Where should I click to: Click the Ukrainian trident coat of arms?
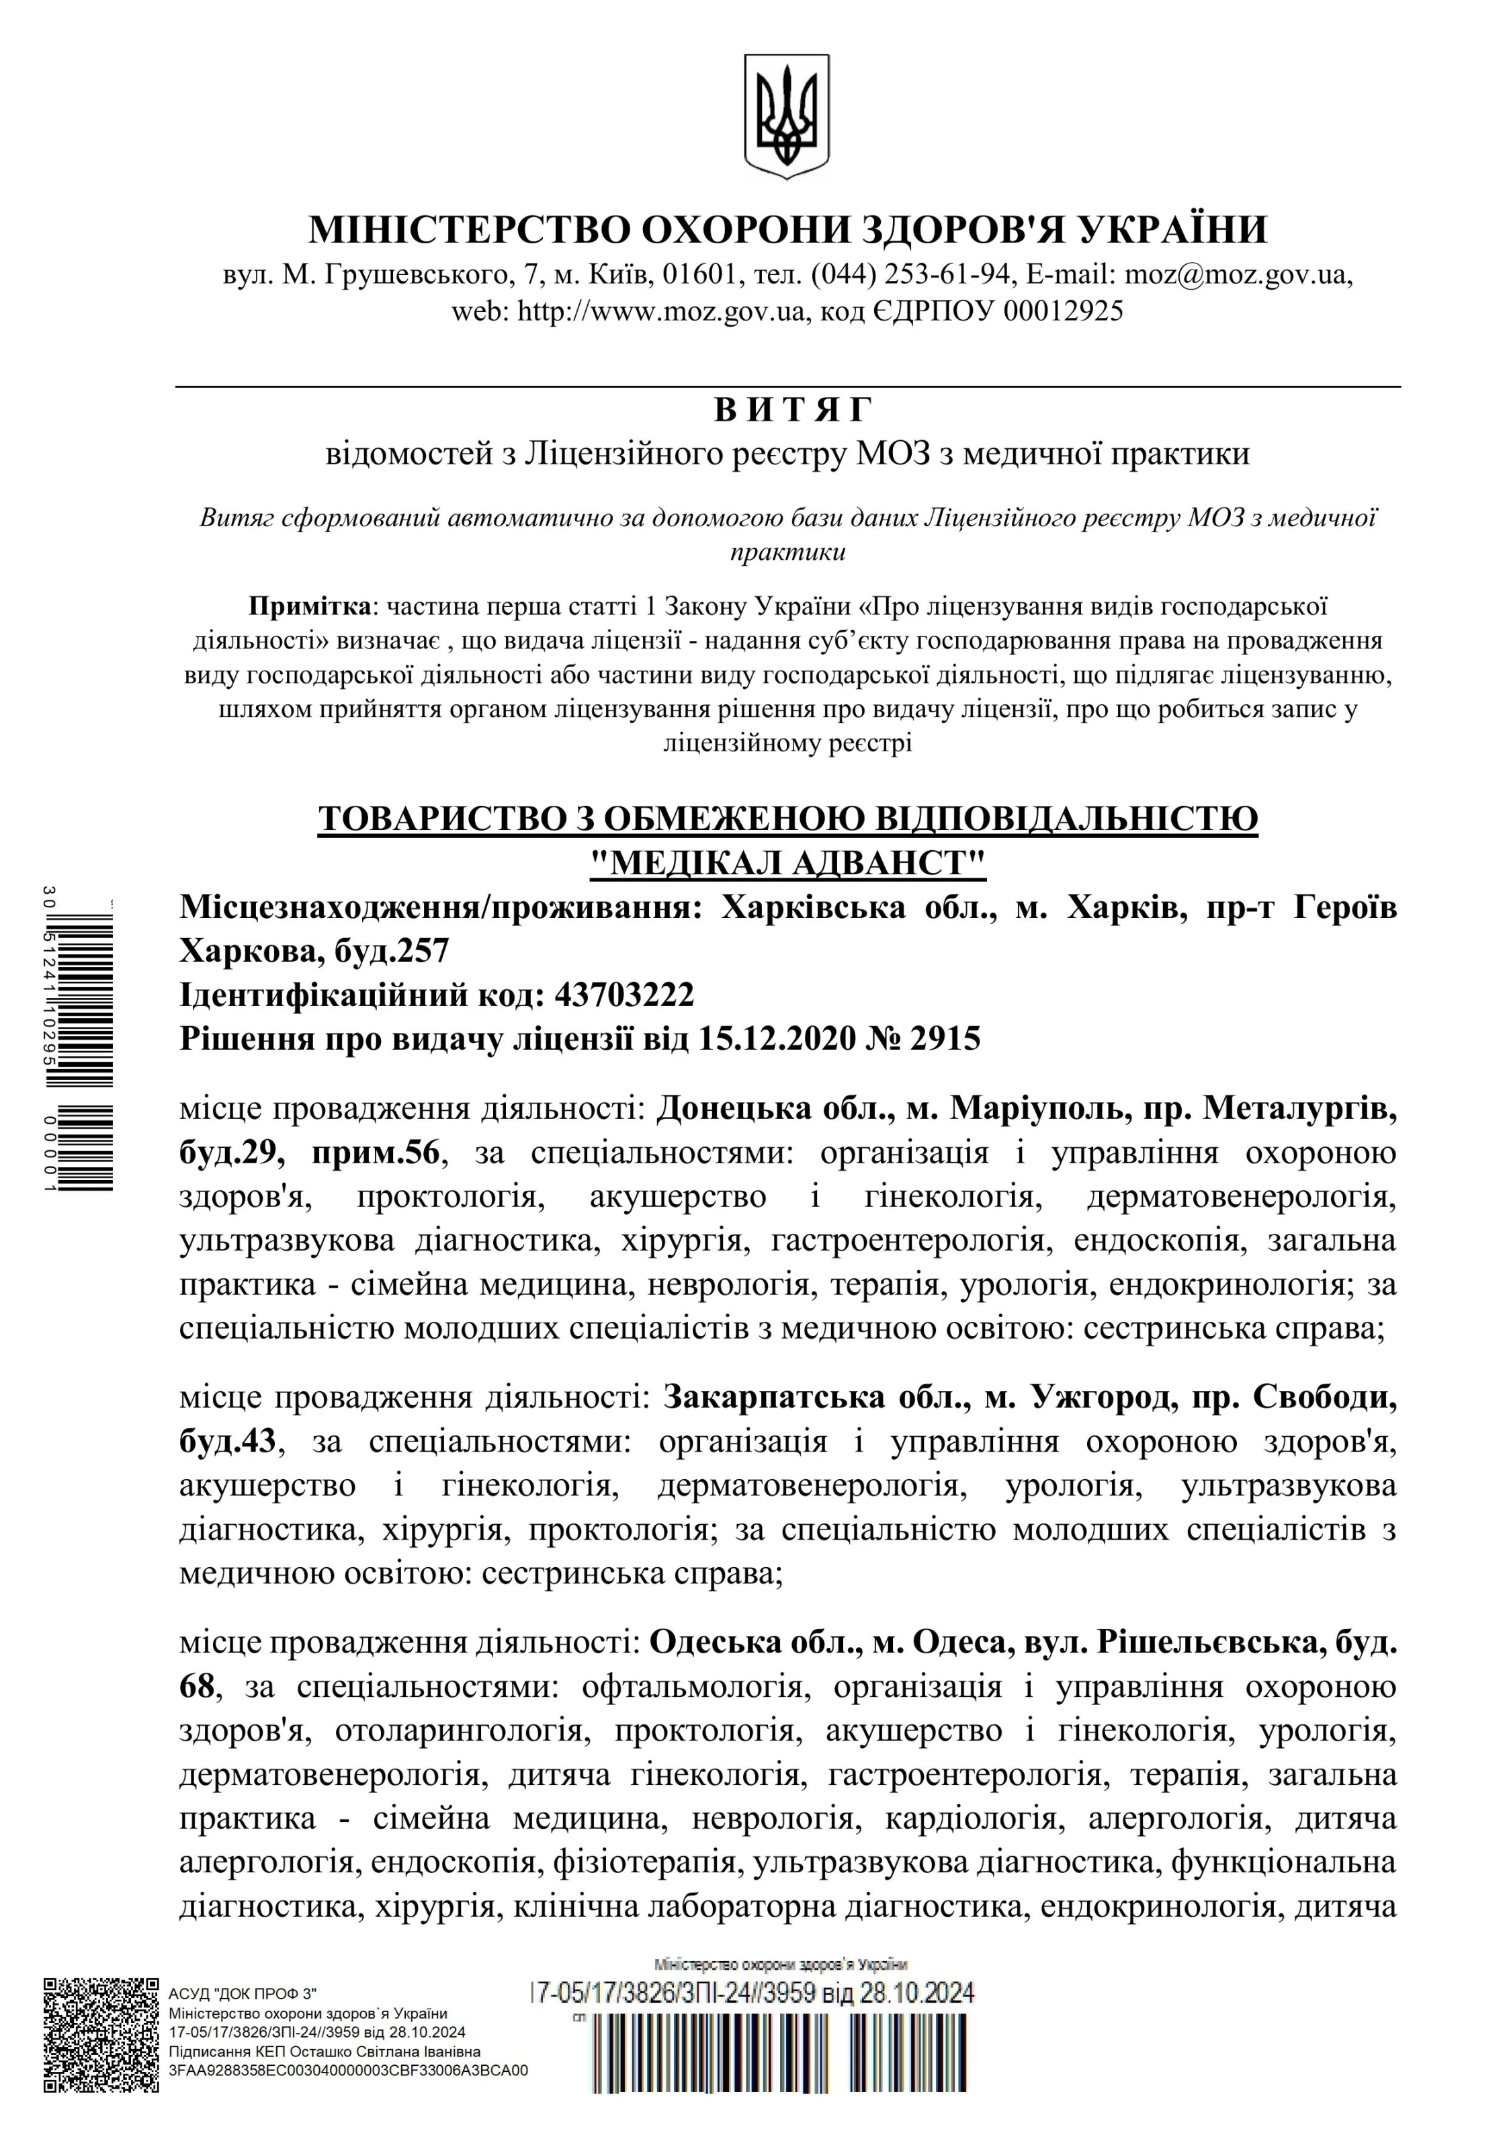coord(785,116)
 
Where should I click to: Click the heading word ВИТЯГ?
coord(795,410)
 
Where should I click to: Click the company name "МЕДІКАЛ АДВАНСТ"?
coord(788,864)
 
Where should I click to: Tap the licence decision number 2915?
coord(945,1038)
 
